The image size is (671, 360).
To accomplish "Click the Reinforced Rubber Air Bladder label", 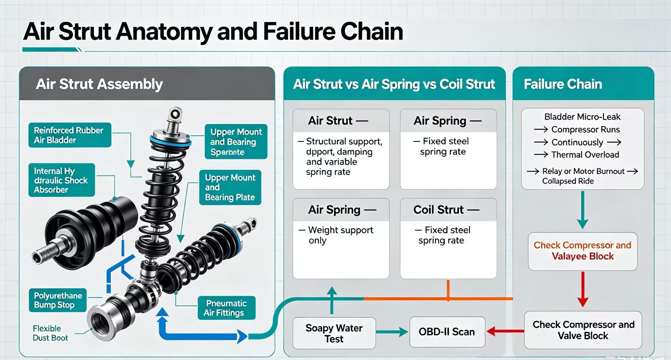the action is coord(70,135).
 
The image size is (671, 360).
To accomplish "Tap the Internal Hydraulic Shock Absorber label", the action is coord(62,180).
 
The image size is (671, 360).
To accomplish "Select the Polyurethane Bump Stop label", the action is coord(58,300).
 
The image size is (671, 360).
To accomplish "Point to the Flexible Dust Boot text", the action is coord(50,333).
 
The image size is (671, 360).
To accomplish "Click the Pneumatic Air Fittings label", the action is coord(227,308).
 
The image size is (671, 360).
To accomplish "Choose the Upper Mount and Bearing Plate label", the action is coord(230,187).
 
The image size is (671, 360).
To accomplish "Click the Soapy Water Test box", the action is coord(334,333).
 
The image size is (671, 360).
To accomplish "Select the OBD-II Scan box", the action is coord(447,332).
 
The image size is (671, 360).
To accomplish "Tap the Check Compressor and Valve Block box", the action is coord(583,330).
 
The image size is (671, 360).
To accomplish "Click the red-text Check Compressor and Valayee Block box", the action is coord(583,251).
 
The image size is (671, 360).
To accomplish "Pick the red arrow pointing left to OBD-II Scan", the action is coord(505,331).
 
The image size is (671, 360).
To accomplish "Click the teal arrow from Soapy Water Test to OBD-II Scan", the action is coord(392,332).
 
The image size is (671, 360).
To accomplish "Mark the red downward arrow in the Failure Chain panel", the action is coord(583,289).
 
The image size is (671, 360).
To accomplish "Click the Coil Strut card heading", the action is coord(446,210).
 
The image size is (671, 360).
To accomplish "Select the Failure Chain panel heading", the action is coord(563,84).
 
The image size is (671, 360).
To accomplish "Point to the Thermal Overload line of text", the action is coord(585,155).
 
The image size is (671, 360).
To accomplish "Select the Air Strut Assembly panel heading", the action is coord(99,84).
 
